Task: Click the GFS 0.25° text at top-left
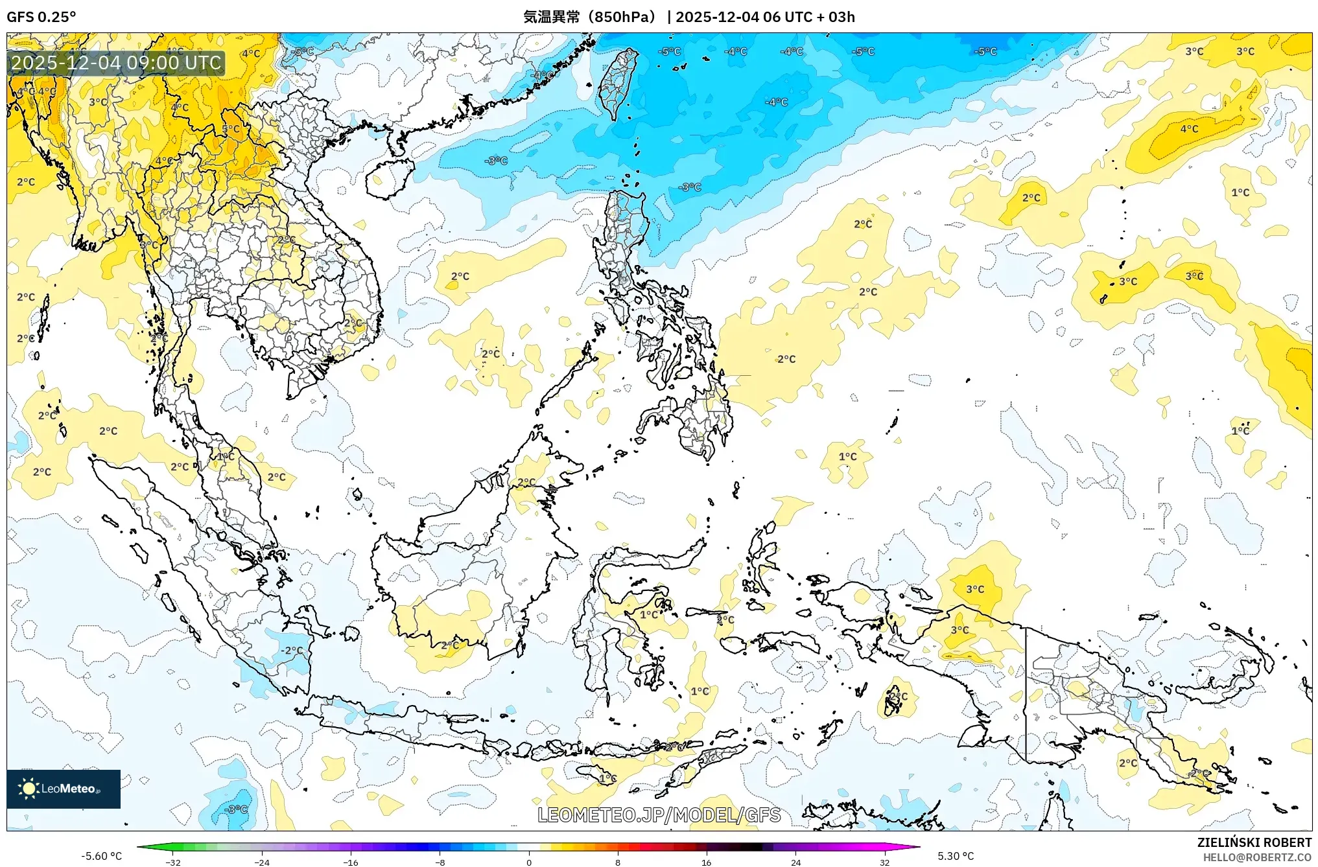[41, 17]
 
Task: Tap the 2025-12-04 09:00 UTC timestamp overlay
[117, 63]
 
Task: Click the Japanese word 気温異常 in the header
[551, 17]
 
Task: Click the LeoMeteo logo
[64, 789]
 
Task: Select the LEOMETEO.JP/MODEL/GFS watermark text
[659, 815]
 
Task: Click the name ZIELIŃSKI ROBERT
[1254, 842]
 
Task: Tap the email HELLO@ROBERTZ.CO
[1256, 857]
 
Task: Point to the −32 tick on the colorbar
[172, 862]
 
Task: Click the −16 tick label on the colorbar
[350, 862]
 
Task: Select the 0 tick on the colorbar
[529, 862]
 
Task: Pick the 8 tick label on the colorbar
[618, 862]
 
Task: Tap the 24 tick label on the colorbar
[795, 862]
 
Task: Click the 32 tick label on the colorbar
[884, 862]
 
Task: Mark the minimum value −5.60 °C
[101, 856]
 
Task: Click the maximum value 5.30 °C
[956, 856]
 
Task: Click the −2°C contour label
[291, 650]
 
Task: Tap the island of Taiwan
[618, 83]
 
